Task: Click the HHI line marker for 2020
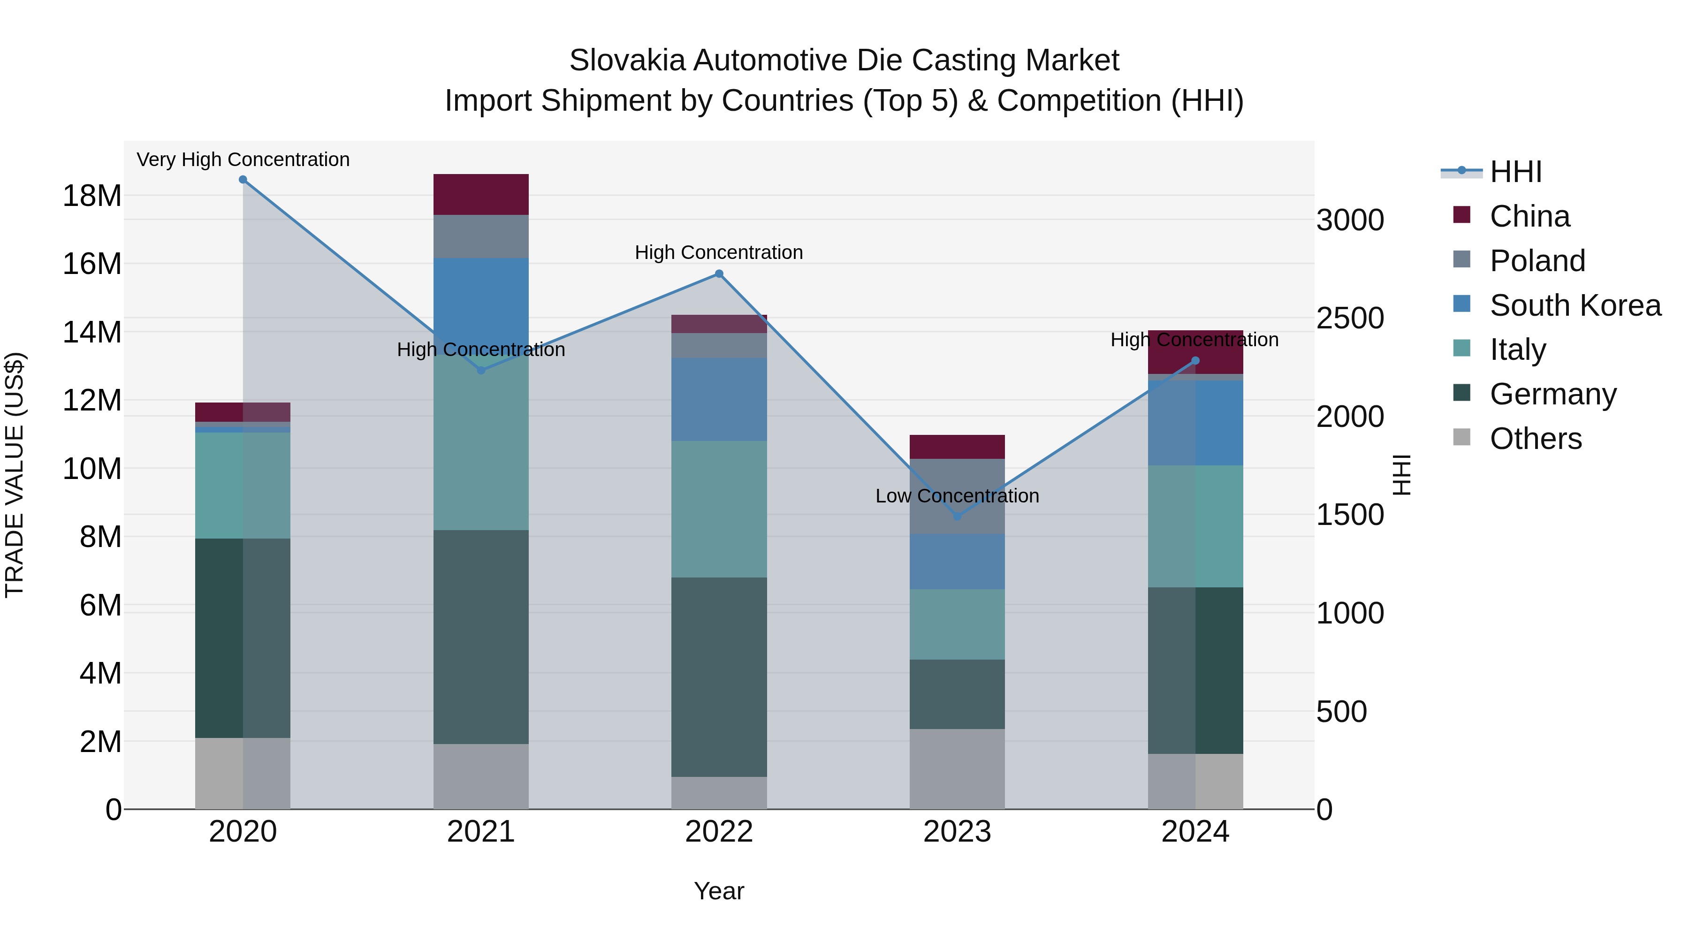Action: [x=243, y=180]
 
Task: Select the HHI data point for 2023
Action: [x=957, y=517]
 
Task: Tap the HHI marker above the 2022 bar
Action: [x=719, y=274]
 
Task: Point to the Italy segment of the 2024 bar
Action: [x=1195, y=526]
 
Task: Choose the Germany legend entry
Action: [x=1552, y=394]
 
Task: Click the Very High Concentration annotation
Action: [x=243, y=160]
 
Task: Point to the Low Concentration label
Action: [x=957, y=496]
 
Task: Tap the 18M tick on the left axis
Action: [x=92, y=195]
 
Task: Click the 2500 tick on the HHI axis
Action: [x=1349, y=319]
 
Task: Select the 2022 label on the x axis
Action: [x=719, y=832]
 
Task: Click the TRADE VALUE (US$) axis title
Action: [x=15, y=475]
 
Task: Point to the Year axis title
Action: [x=719, y=891]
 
